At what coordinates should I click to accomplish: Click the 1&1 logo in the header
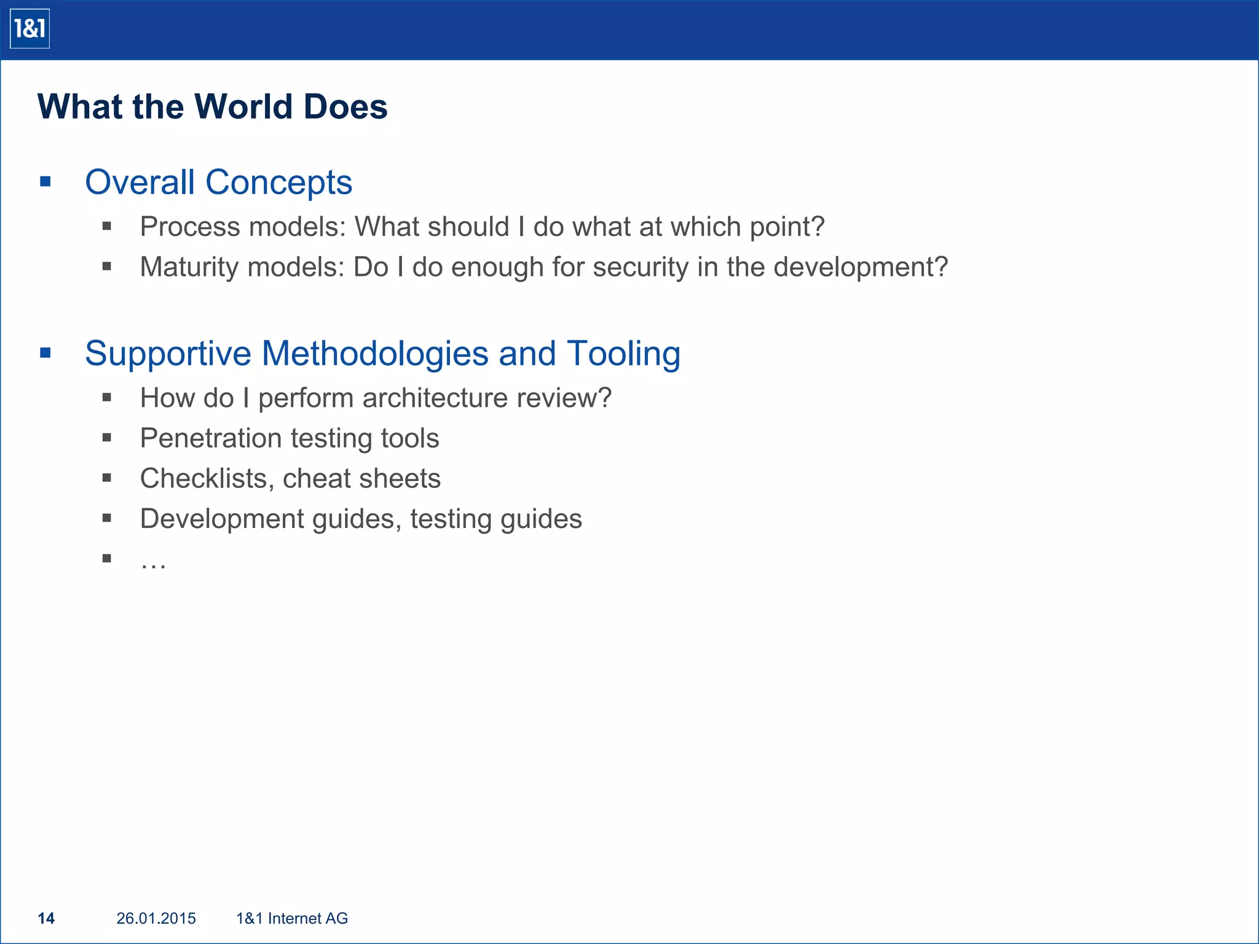click(x=30, y=29)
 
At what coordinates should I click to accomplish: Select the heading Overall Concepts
click(x=218, y=183)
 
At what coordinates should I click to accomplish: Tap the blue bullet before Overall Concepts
click(x=45, y=181)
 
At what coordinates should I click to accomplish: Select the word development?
click(x=860, y=267)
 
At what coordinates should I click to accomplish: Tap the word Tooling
click(x=623, y=354)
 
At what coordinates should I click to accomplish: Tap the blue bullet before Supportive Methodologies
click(x=45, y=353)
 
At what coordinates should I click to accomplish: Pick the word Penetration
click(x=210, y=438)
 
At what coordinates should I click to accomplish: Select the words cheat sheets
click(x=361, y=479)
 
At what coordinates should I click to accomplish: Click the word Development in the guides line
click(x=222, y=519)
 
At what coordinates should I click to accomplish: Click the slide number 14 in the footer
click(x=46, y=918)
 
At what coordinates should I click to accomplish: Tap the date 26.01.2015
click(x=156, y=918)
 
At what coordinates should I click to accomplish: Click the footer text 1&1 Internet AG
click(x=292, y=918)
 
